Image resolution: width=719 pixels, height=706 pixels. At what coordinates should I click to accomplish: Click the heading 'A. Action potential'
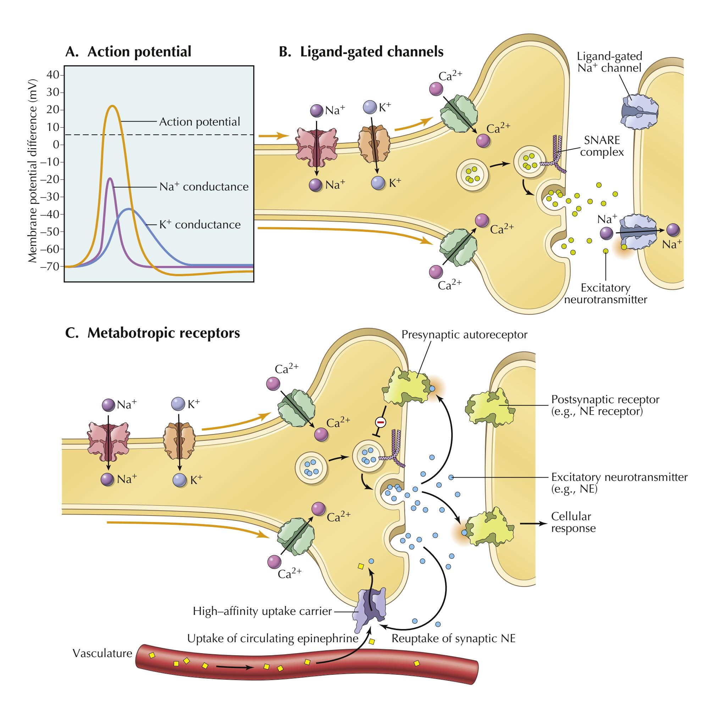128,51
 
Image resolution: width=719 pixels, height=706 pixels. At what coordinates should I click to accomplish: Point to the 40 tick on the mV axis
53,75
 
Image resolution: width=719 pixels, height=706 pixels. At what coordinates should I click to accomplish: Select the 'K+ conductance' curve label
200,225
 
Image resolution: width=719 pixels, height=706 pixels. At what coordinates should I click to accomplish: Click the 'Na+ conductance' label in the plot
204,187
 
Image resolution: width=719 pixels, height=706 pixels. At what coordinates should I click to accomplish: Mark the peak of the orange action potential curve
112,106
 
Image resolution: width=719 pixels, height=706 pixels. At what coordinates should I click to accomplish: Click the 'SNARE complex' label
602,146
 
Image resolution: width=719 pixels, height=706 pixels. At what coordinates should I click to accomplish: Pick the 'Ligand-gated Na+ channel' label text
609,62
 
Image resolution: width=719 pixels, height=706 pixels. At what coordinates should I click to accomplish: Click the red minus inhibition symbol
381,422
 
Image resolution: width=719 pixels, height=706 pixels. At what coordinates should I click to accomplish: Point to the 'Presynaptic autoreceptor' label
464,335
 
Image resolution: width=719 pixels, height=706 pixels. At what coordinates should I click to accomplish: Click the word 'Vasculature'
103,664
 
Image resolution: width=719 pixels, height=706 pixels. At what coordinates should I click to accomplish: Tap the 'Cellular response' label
573,522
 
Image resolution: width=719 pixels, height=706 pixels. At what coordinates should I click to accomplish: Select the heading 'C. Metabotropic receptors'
153,333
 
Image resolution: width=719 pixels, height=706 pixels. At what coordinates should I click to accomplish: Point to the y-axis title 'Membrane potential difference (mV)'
33,171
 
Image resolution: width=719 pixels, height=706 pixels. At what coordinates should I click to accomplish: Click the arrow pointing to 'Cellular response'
533,524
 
